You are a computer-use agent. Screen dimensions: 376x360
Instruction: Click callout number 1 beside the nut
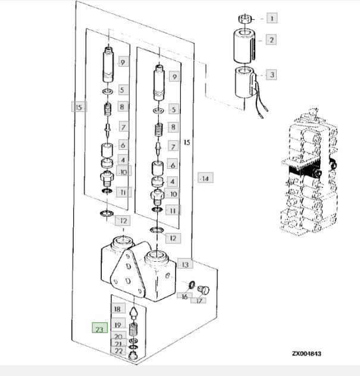pyautogui.click(x=271, y=18)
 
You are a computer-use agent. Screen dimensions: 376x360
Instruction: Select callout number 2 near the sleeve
pyautogui.click(x=271, y=40)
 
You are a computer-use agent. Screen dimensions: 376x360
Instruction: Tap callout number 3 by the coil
pyautogui.click(x=271, y=75)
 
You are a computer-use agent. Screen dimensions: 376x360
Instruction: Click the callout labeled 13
pyautogui.click(x=186, y=264)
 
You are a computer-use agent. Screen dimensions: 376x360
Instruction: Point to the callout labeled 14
pyautogui.click(x=205, y=178)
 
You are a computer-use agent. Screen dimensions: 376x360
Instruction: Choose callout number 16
pyautogui.click(x=185, y=296)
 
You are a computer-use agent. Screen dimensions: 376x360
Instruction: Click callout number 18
pyautogui.click(x=117, y=309)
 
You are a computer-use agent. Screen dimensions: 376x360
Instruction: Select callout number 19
pyautogui.click(x=118, y=325)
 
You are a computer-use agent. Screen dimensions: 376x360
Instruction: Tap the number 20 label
pyautogui.click(x=118, y=336)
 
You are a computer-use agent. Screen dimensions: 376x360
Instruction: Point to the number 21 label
pyautogui.click(x=118, y=344)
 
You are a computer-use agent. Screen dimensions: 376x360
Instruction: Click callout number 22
pyautogui.click(x=118, y=352)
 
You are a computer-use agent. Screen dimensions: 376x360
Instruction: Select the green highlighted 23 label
pyautogui.click(x=99, y=328)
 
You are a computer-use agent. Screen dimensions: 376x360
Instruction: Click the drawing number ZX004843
pyautogui.click(x=306, y=354)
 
